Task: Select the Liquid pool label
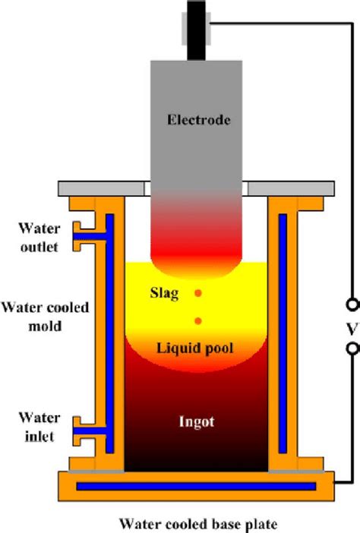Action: coord(194,348)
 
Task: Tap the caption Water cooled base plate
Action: coord(195,522)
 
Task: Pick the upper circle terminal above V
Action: coord(350,305)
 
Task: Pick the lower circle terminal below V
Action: coord(350,348)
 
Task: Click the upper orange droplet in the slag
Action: coord(198,293)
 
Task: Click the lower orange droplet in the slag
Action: coord(198,320)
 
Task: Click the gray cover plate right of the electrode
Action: coord(292,187)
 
